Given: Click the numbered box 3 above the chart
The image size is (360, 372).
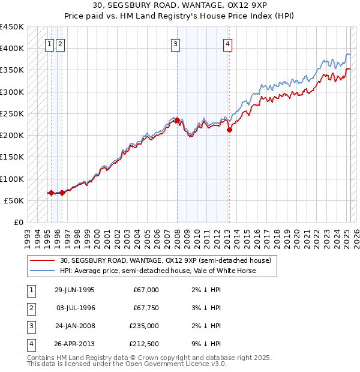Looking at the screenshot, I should click(175, 43).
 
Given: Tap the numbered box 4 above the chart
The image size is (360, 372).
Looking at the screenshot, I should click(228, 43).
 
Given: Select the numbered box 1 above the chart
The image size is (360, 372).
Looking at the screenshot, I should click(49, 43).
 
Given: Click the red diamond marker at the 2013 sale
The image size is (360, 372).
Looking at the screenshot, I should click(229, 130).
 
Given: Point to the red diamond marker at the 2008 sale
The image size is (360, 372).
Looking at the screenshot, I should click(177, 120).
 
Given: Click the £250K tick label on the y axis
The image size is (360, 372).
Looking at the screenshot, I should click(12, 113).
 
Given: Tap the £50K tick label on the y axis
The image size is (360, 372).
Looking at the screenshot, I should click(14, 200).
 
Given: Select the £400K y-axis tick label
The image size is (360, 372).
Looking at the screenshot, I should click(12, 48).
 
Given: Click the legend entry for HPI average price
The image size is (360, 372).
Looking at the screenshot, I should click(157, 271).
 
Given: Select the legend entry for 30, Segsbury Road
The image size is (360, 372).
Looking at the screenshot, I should click(166, 260).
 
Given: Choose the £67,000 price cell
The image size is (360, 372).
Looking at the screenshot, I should click(146, 290).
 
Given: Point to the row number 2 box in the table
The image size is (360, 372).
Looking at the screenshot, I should click(31, 308).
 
